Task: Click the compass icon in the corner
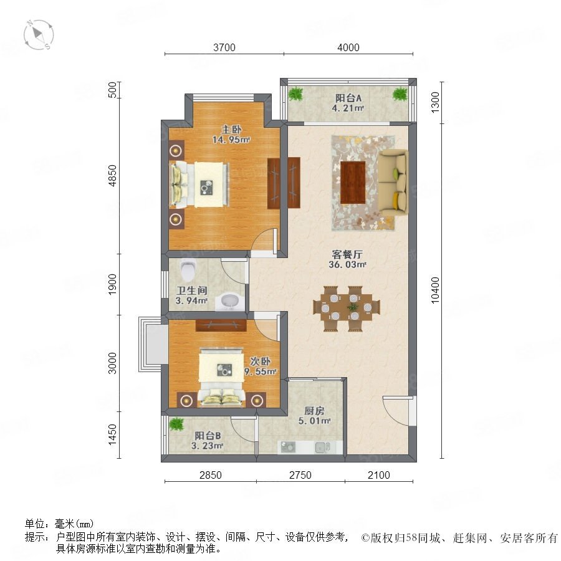(39, 35)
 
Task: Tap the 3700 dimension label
(224, 47)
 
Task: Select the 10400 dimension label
(434, 290)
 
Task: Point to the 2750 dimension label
(300, 475)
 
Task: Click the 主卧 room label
(231, 129)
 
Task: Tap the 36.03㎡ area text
(347, 265)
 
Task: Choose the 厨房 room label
(314, 411)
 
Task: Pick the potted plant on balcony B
(176, 424)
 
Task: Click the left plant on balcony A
(295, 94)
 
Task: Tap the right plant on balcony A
(400, 94)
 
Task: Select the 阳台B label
(208, 436)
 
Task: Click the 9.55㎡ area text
(261, 372)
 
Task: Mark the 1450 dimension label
(112, 434)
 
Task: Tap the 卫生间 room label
(192, 290)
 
